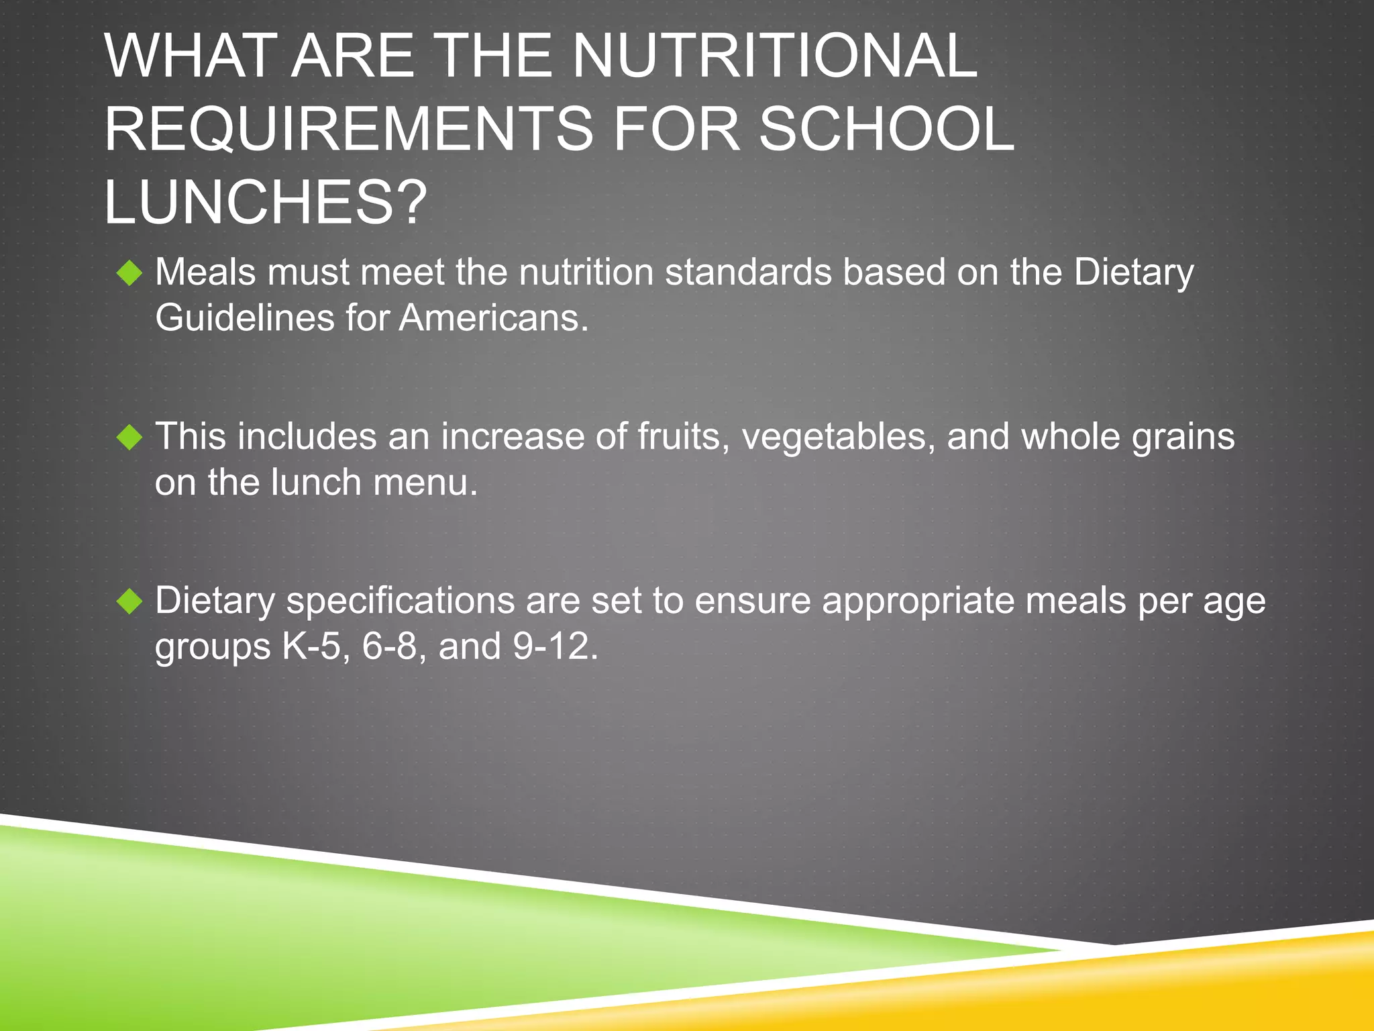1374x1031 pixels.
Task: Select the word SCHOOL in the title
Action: tap(886, 129)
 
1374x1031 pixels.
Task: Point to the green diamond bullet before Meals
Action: tap(129, 273)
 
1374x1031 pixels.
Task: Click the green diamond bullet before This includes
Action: tap(129, 438)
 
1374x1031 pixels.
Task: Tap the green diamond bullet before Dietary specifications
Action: tap(129, 601)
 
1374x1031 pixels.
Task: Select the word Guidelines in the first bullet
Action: tap(245, 317)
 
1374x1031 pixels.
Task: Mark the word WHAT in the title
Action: tap(190, 56)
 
